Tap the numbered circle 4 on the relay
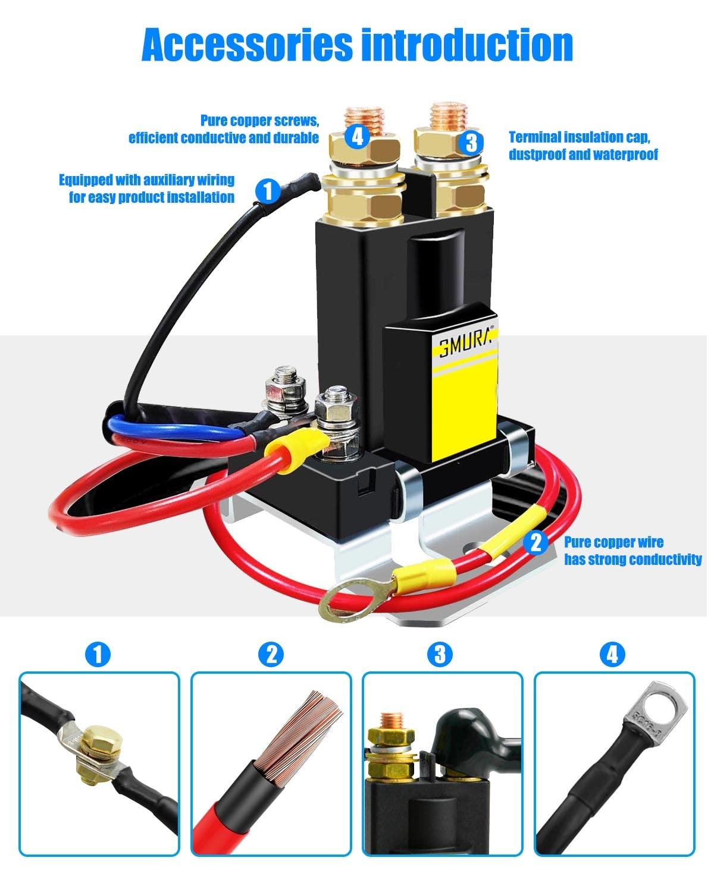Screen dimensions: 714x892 pos(357,136)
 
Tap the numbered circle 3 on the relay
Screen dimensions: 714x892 pos(471,143)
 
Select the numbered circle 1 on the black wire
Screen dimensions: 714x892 pos(268,191)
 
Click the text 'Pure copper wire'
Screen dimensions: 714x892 pos(613,542)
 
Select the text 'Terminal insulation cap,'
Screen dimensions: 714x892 pos(580,137)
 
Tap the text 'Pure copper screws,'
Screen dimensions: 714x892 pos(259,121)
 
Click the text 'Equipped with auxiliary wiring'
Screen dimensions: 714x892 pos(146,180)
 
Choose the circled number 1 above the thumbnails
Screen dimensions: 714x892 pos(98,655)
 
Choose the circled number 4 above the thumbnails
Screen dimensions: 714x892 pos(612,655)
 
